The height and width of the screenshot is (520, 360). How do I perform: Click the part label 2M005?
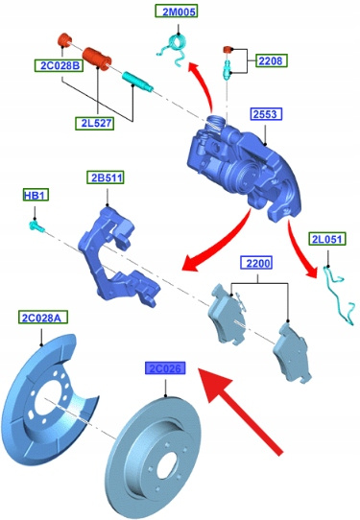177,12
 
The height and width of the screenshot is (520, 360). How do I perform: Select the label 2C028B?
60,65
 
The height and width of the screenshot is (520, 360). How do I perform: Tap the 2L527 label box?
95,123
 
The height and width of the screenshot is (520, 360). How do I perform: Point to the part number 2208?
271,60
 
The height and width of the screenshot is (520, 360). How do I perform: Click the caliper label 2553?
266,114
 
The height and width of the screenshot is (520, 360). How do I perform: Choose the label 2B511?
106,177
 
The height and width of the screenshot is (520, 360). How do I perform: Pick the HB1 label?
36,195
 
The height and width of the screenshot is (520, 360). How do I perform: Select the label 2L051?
327,239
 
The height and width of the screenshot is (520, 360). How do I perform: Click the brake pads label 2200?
256,263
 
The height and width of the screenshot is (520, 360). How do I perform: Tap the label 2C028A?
43,318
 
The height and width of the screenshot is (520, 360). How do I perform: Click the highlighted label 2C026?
165,368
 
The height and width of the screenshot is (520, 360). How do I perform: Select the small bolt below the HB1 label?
36,226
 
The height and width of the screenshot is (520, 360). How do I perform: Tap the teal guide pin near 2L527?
137,82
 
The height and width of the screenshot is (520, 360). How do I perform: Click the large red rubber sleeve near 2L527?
97,59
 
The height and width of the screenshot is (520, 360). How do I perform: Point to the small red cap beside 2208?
227,50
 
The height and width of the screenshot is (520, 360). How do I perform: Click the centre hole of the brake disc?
165,464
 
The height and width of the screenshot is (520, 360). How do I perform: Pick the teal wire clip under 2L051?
336,295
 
